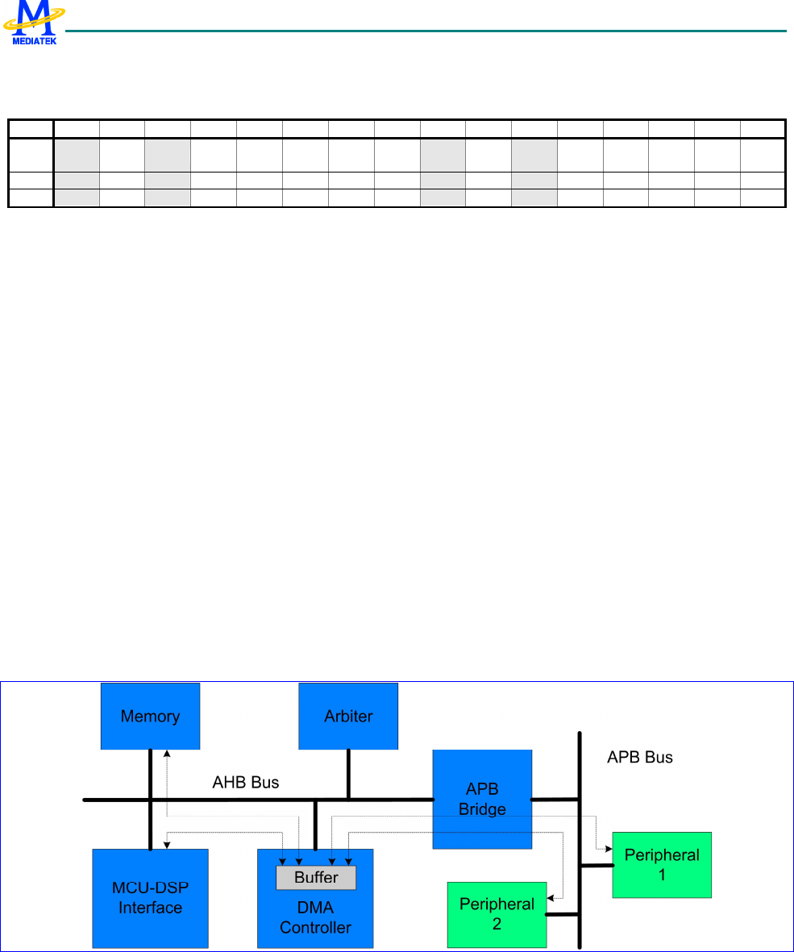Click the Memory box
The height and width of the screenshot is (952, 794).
coord(150,716)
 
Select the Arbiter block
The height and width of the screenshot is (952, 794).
coord(348,716)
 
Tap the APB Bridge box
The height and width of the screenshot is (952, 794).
coord(482,799)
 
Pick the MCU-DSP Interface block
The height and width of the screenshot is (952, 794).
coord(150,897)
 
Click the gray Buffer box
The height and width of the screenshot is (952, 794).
coord(316,877)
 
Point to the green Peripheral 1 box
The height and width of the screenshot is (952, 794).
coord(662,864)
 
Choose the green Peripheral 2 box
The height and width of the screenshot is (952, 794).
coord(497,913)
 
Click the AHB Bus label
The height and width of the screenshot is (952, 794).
coord(246,782)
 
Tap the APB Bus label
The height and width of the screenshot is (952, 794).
coord(639,758)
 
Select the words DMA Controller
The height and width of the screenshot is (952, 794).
coord(315,918)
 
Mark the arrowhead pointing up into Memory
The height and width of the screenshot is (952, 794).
coord(167,754)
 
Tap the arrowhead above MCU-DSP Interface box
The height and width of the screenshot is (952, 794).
coord(167,845)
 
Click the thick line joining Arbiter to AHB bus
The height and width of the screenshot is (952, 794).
coord(348,774)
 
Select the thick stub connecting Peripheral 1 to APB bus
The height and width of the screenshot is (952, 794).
coord(597,866)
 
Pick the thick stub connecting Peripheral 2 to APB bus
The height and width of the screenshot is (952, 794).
coord(563,914)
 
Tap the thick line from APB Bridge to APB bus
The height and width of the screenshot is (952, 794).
coord(555,799)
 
